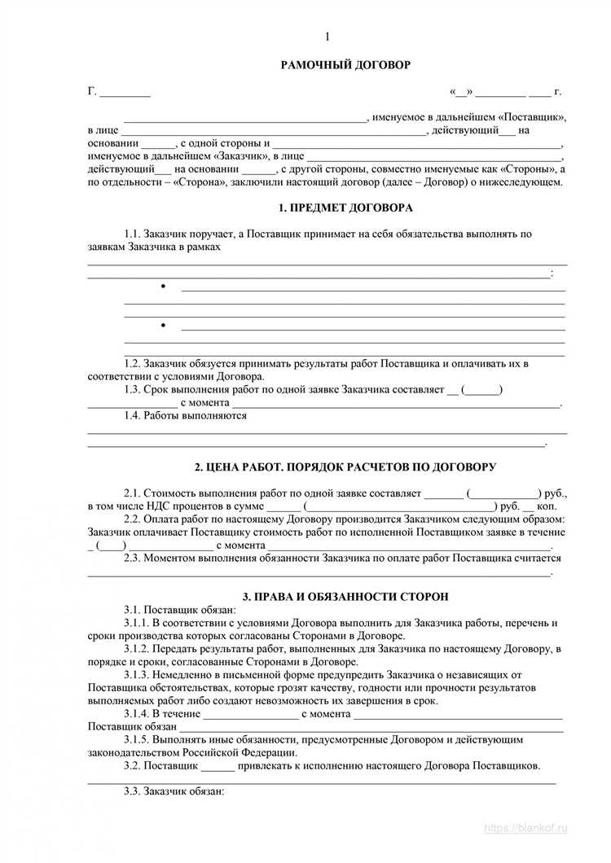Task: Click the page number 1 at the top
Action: pos(327,37)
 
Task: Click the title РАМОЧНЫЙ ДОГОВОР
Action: pos(345,64)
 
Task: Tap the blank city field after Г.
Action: pos(125,92)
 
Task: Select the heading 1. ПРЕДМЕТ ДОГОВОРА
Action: pos(345,208)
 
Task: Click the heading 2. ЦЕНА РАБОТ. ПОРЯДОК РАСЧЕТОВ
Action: pos(345,467)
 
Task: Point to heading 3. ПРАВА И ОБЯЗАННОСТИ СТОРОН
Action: pos(345,596)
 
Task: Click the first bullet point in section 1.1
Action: pos(164,287)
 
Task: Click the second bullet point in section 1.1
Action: pos(164,326)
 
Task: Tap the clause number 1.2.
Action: pos(133,363)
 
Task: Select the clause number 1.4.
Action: pos(133,415)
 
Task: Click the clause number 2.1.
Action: pos(133,493)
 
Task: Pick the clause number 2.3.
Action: pos(133,559)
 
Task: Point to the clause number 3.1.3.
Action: pos(138,675)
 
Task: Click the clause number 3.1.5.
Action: pos(138,740)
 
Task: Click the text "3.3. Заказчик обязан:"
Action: pos(173,791)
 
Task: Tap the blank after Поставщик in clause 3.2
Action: pos(217,766)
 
